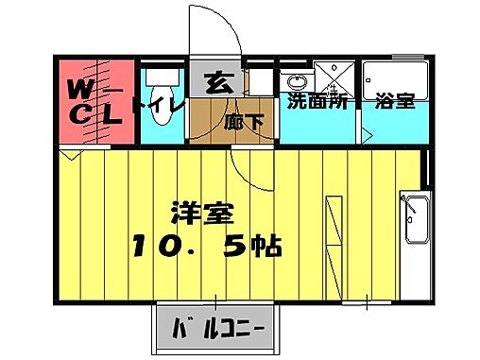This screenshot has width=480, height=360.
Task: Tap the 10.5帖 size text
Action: click(x=204, y=248)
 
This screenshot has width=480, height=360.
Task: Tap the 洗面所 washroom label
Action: click(x=317, y=101)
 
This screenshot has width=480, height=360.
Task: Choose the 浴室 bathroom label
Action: click(x=395, y=101)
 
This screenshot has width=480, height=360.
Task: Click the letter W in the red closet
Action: click(x=79, y=88)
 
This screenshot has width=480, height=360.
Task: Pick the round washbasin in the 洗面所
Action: click(x=295, y=79)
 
